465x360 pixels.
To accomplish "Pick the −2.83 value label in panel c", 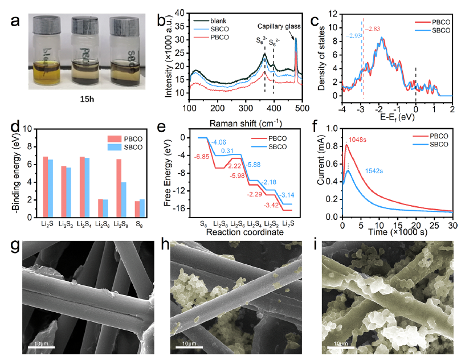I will (x=373, y=28).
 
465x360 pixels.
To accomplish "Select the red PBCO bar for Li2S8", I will (x=119, y=186).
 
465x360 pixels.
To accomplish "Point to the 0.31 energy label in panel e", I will (x=227, y=151).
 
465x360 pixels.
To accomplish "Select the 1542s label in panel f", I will (x=374, y=170).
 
